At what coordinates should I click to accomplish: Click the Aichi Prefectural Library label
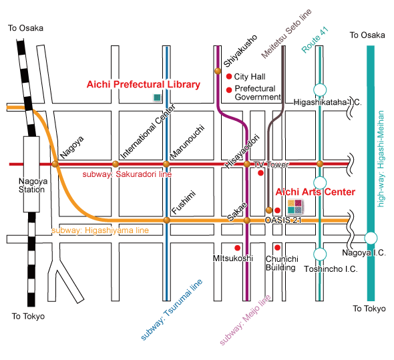tap(143, 85)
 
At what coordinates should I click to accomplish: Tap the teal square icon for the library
tap(157, 98)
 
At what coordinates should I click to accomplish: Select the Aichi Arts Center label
tap(315, 192)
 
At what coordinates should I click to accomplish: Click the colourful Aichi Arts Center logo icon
tap(295, 206)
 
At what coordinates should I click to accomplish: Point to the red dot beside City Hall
tap(228, 76)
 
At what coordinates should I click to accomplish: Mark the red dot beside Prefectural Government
tap(229, 89)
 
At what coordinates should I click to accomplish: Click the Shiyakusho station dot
tap(218, 71)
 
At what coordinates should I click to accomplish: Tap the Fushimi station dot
tap(166, 220)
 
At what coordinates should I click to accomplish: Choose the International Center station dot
tap(116, 164)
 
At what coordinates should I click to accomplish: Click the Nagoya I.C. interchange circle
tap(371, 238)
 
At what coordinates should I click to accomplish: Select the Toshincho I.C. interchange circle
tap(320, 254)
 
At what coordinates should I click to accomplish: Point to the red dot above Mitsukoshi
tap(237, 248)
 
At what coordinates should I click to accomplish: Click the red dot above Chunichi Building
tap(277, 248)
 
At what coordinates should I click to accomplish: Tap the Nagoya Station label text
tap(32, 185)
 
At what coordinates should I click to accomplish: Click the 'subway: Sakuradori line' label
tap(127, 174)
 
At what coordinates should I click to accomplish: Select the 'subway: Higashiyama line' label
tap(100, 230)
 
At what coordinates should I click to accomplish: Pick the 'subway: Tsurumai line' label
tap(172, 309)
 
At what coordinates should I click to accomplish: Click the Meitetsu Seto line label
tap(286, 33)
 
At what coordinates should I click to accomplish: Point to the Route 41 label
tap(315, 39)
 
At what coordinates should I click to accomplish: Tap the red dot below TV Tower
tap(260, 173)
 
